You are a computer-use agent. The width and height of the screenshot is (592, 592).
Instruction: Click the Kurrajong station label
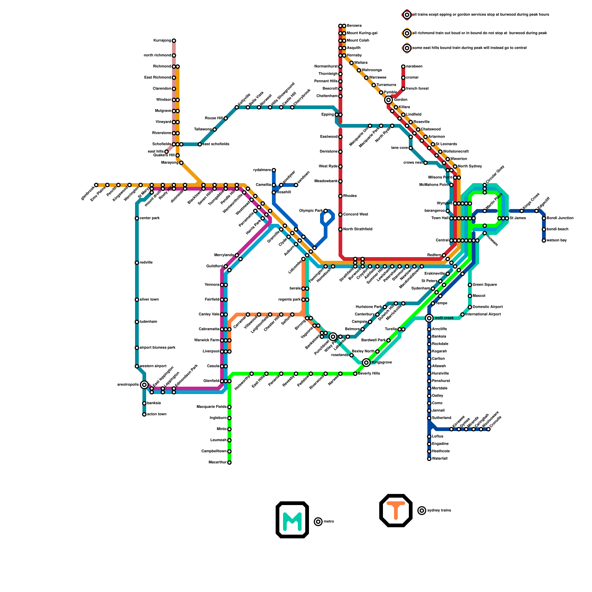pos(162,41)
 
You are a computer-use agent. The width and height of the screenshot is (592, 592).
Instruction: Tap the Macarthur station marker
pos(229,462)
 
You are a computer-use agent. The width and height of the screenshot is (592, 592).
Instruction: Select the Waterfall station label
pos(440,459)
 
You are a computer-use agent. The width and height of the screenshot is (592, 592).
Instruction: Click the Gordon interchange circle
pos(388,100)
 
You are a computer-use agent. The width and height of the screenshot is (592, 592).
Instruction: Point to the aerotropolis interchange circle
pos(144,385)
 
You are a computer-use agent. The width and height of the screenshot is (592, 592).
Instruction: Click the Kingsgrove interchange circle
pos(366,363)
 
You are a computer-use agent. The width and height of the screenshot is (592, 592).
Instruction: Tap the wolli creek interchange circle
pos(429,318)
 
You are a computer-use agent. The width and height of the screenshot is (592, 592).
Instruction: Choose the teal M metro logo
pos(292,520)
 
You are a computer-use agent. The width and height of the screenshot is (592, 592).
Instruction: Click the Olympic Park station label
pos(311,211)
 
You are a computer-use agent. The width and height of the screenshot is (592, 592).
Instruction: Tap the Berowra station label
pos(354,26)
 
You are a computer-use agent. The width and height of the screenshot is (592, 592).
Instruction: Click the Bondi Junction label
pos(560,218)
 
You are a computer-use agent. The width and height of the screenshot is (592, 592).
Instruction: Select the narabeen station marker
pos(403,67)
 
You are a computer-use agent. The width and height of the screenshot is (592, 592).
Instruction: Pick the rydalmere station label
pos(262,170)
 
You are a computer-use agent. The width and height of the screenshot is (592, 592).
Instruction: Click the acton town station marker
pos(144,414)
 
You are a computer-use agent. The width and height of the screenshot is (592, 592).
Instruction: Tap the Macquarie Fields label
pos(212,407)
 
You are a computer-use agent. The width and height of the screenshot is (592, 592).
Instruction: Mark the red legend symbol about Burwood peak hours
pos(407,15)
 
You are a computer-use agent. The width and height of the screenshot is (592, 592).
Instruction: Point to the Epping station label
pos(327,115)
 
